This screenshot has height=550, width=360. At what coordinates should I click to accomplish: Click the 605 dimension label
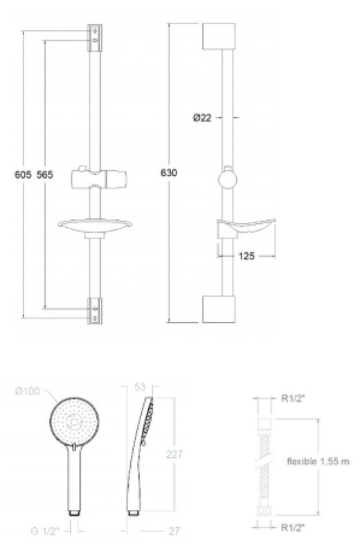click(x=23, y=175)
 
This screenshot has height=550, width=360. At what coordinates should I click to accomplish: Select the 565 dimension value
click(x=45, y=175)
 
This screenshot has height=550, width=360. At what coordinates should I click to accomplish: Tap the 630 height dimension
click(x=169, y=172)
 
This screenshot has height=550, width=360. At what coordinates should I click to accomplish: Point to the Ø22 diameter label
click(x=202, y=118)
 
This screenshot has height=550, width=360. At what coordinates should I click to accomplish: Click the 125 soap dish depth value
click(x=246, y=256)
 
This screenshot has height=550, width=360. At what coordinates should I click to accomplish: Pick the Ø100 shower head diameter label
click(x=28, y=391)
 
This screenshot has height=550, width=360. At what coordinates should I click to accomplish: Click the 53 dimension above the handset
click(x=140, y=387)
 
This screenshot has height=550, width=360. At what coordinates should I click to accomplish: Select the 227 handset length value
click(x=174, y=454)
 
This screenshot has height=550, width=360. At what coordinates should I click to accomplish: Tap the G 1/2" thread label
click(x=44, y=531)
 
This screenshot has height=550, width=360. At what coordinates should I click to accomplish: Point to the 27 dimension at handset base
click(x=174, y=531)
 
